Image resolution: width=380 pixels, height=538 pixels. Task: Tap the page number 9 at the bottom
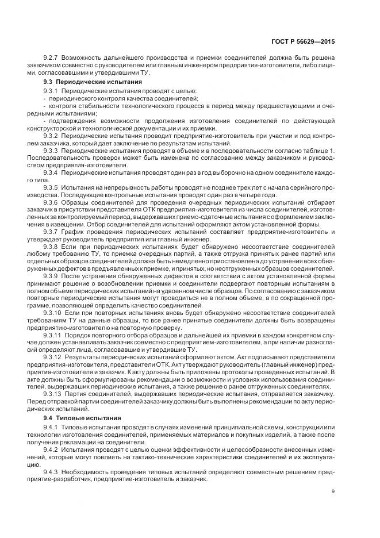click(334, 491)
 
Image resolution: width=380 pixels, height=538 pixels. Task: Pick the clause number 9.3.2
click(51, 136)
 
